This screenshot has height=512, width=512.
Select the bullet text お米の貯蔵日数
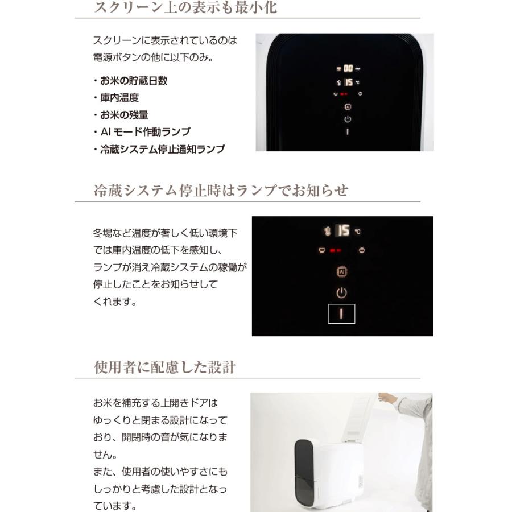click(x=134, y=81)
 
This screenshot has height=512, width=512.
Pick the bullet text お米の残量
click(x=124, y=115)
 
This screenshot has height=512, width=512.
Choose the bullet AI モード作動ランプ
click(x=145, y=132)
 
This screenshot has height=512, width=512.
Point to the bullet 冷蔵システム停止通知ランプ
click(x=162, y=150)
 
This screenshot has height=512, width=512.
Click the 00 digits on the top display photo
click(x=348, y=68)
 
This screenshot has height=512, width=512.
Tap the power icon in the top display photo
click(x=348, y=119)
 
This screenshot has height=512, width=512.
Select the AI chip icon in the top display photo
click(x=348, y=106)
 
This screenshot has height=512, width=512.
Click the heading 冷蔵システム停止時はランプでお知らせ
click(x=221, y=191)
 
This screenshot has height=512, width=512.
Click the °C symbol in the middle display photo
click(x=357, y=232)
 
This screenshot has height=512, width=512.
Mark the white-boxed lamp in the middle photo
click(x=341, y=313)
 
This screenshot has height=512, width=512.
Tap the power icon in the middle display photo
click(x=341, y=293)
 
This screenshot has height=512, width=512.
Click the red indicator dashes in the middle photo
click(x=335, y=250)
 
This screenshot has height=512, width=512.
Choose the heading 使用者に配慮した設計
click(x=164, y=368)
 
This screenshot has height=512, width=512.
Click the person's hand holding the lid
click(x=387, y=398)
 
